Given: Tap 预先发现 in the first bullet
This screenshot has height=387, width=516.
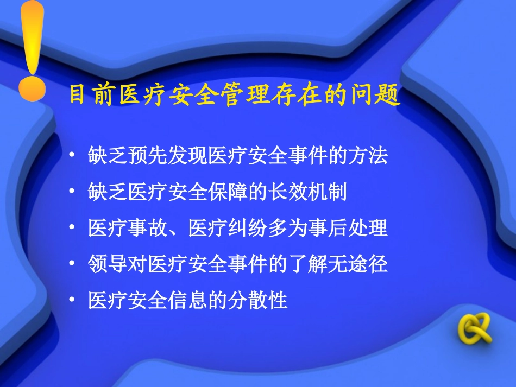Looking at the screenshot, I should [162, 156].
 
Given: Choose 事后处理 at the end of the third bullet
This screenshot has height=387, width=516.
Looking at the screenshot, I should [350, 228].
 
